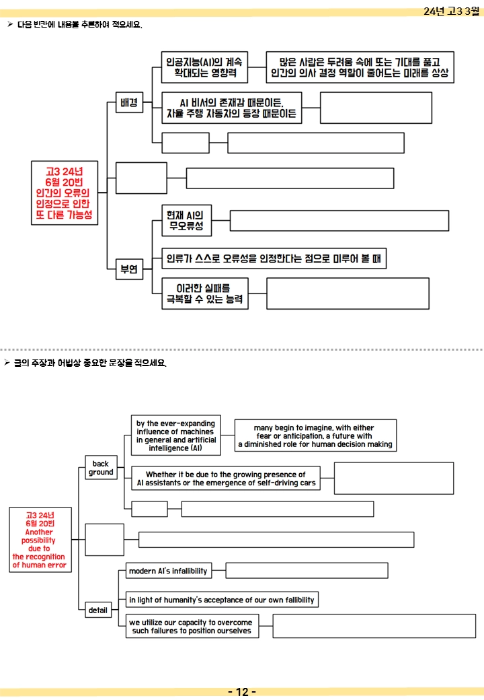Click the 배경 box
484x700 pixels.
click(129, 102)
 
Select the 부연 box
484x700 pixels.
click(129, 269)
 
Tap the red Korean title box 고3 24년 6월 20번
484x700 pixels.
click(65, 193)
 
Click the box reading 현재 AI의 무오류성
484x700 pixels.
click(186, 221)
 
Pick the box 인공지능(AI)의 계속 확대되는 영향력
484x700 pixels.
click(204, 67)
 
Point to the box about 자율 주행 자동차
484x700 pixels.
click(232, 108)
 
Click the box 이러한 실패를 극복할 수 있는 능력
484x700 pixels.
click(205, 293)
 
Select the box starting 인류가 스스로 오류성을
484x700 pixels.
click(274, 258)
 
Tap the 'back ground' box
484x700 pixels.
click(101, 467)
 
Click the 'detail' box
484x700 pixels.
click(98, 610)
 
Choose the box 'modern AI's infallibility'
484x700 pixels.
click(169, 571)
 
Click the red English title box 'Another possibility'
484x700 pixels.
click(40, 540)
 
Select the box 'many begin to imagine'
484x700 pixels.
click(315, 435)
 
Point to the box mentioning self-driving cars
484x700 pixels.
click(226, 478)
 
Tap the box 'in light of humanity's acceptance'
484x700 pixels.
click(222, 600)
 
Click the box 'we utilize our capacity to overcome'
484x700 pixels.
click(192, 626)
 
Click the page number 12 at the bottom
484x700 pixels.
click(242, 692)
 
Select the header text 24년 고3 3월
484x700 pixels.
click(451, 11)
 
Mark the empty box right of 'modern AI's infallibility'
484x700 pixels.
click(307, 571)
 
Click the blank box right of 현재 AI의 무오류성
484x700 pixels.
click(339, 221)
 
